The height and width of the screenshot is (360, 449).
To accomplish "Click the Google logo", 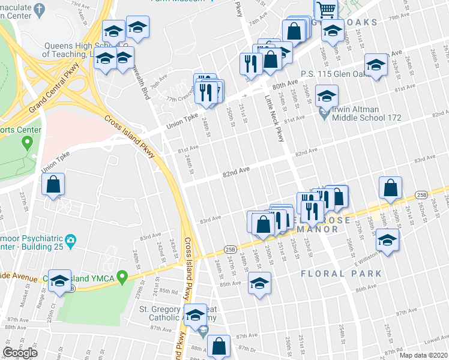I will click(20, 352).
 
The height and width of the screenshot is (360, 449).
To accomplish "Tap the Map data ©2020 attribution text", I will click(423, 355).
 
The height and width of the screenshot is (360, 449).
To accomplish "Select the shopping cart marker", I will click(325, 8).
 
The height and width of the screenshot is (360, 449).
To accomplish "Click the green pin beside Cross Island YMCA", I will click(122, 277).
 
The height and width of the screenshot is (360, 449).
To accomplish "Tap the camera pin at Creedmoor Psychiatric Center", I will click(71, 241).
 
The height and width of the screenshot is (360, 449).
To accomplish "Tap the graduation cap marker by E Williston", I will click(388, 241).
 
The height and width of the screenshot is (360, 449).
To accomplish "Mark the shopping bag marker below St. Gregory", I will click(220, 346).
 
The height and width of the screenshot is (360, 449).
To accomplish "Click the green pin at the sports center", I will click(26, 143).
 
